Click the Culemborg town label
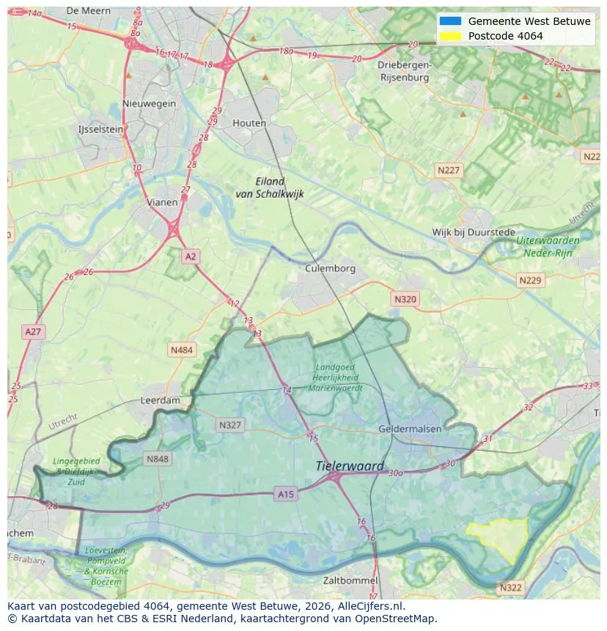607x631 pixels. coord(330,268)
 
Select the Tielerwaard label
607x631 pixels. coord(350,466)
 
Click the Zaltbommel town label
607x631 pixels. coord(350,580)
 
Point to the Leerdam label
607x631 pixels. coord(160,401)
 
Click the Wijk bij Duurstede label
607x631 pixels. coord(474,232)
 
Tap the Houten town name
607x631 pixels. coord(249,123)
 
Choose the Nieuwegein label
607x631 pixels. coord(150,103)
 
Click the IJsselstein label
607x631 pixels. coord(100,129)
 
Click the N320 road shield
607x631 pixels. coord(405,299)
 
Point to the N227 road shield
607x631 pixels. coord(448,170)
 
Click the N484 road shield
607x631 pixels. coord(182,350)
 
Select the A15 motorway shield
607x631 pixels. coord(286,495)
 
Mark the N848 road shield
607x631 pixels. coord(158,460)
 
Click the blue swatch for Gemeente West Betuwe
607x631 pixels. coord(450,21)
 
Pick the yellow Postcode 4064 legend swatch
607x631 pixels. coord(450,36)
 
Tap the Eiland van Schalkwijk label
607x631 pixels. coord(269,188)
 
